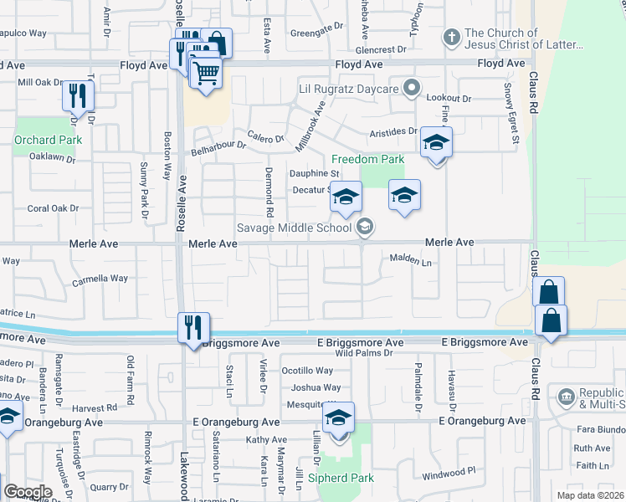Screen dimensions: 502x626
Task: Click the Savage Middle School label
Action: (295, 227)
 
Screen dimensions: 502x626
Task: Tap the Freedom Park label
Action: (367, 159)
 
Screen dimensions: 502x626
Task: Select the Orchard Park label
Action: (48, 140)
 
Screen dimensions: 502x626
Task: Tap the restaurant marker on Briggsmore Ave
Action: (193, 328)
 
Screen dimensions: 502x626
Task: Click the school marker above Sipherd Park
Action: (339, 417)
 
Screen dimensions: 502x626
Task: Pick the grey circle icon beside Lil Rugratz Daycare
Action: (411, 87)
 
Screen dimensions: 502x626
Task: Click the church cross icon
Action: (451, 38)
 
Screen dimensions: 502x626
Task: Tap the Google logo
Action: (27, 492)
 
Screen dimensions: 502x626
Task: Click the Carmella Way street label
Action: (100, 279)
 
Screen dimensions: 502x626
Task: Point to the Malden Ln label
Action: (410, 261)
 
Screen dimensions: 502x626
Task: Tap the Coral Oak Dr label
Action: (53, 208)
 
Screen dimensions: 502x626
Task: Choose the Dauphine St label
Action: (313, 173)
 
